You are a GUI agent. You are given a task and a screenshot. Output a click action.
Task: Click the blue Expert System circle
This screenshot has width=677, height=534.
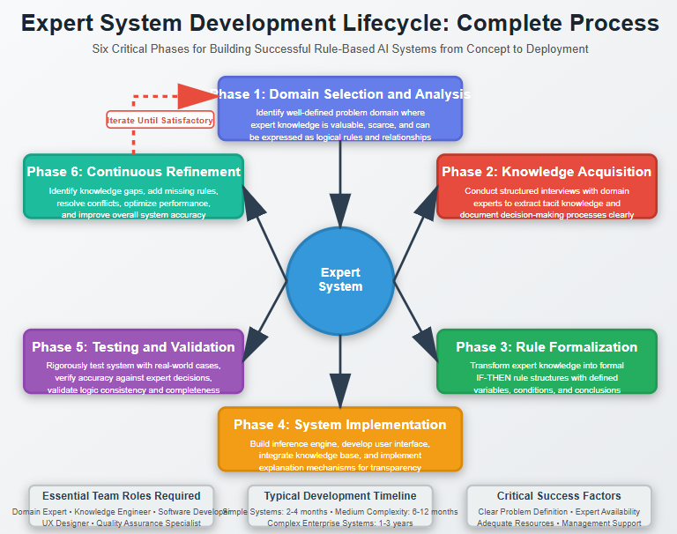click(x=340, y=279)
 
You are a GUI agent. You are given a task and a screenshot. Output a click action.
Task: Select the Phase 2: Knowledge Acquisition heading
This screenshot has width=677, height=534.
click(x=547, y=172)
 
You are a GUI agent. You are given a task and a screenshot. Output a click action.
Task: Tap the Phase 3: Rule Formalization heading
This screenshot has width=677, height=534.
click(x=547, y=346)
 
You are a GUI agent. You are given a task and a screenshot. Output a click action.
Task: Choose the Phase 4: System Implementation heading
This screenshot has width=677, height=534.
click(x=340, y=424)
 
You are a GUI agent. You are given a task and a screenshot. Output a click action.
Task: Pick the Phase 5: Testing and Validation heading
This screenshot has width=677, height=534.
click(x=133, y=346)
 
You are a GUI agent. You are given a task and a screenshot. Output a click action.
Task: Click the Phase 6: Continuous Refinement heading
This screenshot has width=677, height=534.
click(x=133, y=172)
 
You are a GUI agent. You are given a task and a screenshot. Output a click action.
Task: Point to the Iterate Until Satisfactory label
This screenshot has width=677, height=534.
click(x=160, y=120)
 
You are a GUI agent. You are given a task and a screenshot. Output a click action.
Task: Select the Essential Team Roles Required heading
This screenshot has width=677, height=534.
click(x=122, y=496)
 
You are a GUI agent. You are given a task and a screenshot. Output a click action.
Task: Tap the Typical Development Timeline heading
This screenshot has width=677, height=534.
click(x=340, y=496)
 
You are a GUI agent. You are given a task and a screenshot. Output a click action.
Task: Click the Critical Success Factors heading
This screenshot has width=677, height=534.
click(x=559, y=496)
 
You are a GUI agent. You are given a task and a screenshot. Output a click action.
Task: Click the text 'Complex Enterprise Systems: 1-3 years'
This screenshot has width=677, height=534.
click(x=340, y=523)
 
